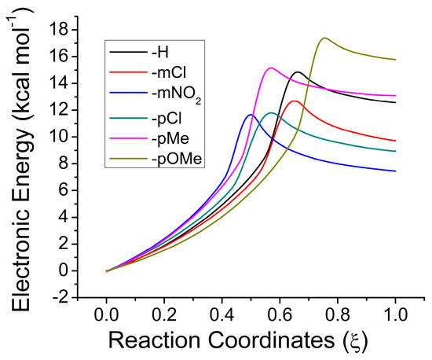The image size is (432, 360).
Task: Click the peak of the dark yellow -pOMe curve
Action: click(324, 38)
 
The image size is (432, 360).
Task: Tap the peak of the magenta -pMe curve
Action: click(270, 68)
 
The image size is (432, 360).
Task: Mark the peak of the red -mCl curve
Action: click(295, 101)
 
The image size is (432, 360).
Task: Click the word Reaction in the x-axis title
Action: click(152, 343)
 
